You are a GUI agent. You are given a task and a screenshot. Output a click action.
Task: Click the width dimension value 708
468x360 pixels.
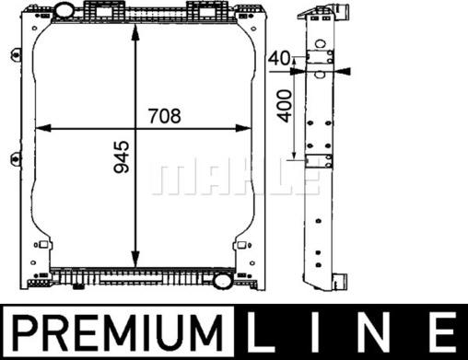[163, 116]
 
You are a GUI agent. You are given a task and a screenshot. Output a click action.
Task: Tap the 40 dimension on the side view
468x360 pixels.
[280, 58]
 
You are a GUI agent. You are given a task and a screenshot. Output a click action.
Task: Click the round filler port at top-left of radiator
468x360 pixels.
[66, 11]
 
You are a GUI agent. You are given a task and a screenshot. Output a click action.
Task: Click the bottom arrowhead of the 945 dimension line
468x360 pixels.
[136, 261]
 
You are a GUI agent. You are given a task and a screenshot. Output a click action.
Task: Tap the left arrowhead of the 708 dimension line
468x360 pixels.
[40, 131]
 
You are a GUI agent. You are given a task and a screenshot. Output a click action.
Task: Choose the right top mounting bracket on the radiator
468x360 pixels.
[202, 9]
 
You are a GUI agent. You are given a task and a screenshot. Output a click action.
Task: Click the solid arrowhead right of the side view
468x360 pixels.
[346, 69]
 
